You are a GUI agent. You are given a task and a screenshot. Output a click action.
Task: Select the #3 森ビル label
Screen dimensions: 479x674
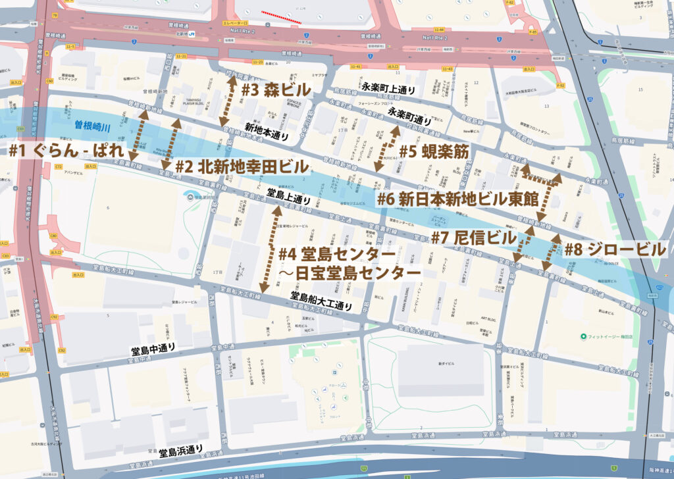pyautogui.click(x=276, y=91)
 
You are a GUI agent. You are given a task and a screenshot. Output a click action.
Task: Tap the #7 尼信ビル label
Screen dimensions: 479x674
pyautogui.click(x=473, y=237)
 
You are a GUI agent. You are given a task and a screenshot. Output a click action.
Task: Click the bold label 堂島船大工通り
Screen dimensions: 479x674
pyautogui.click(x=322, y=301)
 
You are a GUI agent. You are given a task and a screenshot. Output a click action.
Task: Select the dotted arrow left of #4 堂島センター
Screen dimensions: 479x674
pyautogui.click(x=271, y=250)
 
